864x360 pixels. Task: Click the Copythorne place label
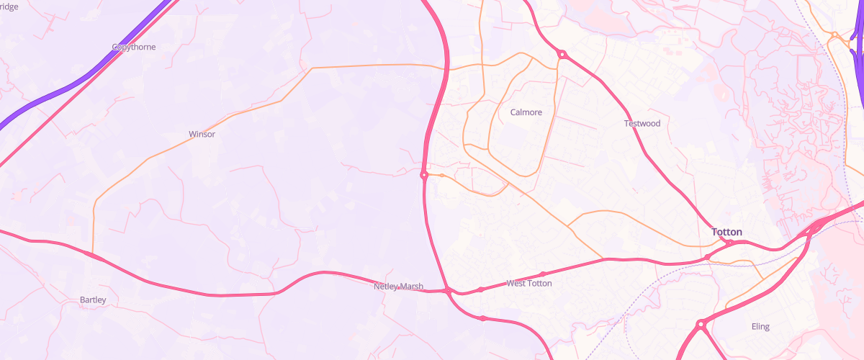click(x=134, y=47)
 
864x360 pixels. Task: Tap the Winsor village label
click(x=202, y=134)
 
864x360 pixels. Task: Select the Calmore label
click(x=526, y=112)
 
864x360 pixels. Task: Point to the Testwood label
click(x=642, y=123)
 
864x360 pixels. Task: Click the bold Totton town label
click(x=726, y=232)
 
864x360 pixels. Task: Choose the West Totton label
click(x=529, y=284)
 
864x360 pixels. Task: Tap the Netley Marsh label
click(x=398, y=287)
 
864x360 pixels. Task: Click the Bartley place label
click(x=93, y=300)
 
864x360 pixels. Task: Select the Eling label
click(x=760, y=326)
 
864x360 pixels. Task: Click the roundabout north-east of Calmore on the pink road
click(x=561, y=54)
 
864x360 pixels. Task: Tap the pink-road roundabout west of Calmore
click(x=424, y=175)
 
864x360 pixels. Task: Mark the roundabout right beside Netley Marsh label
click(x=448, y=290)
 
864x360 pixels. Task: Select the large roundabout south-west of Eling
click(x=699, y=325)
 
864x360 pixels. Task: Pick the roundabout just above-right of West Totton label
click(x=543, y=274)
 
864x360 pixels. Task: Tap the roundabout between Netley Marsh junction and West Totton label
click(x=480, y=289)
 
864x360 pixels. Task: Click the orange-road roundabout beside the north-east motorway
click(x=834, y=35)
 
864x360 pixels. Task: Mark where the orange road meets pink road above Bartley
click(x=91, y=253)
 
